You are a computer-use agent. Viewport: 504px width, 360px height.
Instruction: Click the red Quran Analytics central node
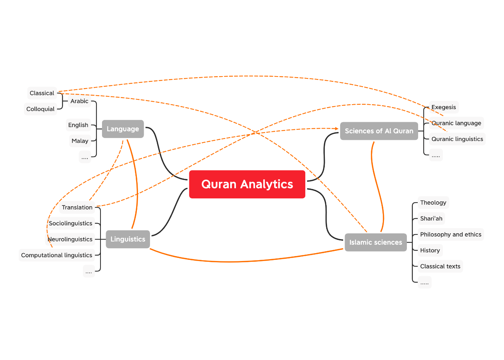(247, 184)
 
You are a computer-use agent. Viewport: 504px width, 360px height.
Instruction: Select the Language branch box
(123, 129)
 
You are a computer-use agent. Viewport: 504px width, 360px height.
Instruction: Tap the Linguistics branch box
(127, 239)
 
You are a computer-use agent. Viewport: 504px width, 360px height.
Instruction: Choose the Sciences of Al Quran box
(379, 131)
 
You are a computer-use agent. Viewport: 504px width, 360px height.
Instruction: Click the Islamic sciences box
(375, 242)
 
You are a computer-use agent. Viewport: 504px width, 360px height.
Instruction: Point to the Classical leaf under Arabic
(42, 93)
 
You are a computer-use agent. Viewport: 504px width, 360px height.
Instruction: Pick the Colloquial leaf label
(40, 109)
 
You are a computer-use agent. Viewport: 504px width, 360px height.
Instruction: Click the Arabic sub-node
(79, 101)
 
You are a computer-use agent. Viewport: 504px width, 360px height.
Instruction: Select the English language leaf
(78, 125)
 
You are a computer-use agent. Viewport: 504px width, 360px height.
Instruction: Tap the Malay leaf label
(80, 141)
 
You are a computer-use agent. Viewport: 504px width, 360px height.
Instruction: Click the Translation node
(77, 207)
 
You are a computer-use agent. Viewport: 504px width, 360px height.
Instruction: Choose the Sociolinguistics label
(70, 223)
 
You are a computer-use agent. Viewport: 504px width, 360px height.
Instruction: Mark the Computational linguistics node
(57, 255)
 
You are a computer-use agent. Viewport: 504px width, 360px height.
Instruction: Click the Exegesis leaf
(444, 107)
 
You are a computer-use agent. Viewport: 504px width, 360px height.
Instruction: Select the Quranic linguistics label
(457, 139)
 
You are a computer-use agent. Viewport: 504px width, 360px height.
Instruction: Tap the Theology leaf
(433, 202)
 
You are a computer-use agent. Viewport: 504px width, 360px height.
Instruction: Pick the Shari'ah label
(431, 219)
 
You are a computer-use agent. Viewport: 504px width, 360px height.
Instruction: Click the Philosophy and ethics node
(451, 234)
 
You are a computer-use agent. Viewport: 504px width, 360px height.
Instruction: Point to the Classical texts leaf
(440, 266)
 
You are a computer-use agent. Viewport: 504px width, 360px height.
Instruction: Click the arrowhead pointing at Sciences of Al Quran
(337, 129)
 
